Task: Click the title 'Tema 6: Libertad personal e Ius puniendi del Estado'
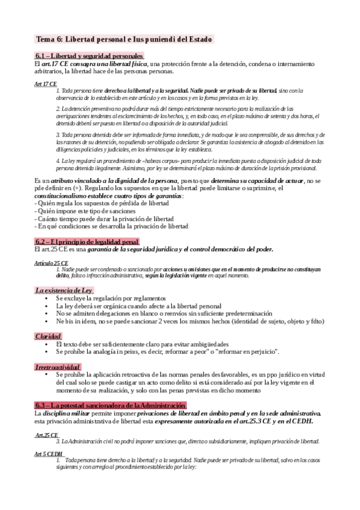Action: coord(124,39)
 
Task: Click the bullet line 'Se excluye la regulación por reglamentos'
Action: coord(111,298)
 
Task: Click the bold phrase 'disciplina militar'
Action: coord(67,414)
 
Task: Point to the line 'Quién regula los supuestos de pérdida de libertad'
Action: coord(102,203)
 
